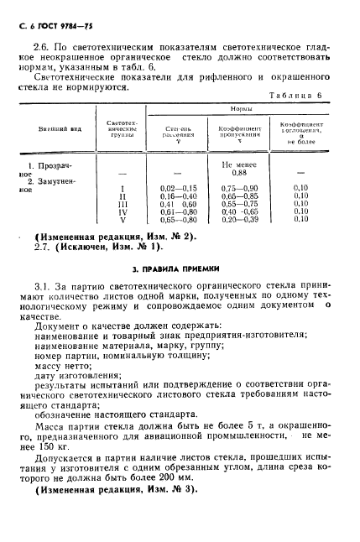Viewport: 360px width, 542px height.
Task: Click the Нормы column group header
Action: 243,109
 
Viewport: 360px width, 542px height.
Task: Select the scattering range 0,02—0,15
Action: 177,188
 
